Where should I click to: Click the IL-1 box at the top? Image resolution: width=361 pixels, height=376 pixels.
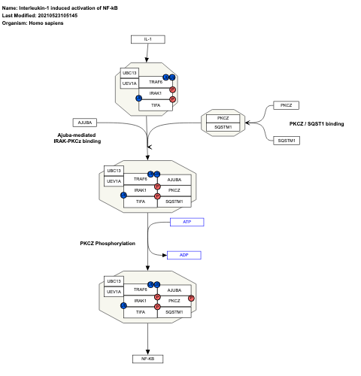tap(147, 39)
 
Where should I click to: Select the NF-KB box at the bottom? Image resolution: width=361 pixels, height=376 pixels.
tap(147, 359)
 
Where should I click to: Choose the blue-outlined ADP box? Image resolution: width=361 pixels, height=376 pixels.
tap(184, 255)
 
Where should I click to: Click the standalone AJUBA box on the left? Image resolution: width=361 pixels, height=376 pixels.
tap(85, 122)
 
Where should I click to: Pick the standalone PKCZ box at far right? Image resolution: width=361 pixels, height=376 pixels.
tap(286, 106)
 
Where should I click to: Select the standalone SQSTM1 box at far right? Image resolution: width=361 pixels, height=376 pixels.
tap(286, 140)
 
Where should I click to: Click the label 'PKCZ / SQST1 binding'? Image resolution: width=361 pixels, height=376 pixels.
tap(317, 123)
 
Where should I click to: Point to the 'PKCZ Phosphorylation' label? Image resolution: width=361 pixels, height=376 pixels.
tap(108, 243)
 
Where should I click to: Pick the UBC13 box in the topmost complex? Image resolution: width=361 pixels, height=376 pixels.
tap(130, 73)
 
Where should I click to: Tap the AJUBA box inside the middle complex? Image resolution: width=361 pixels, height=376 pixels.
tap(174, 180)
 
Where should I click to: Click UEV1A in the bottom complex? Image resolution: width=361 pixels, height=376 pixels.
tap(114, 291)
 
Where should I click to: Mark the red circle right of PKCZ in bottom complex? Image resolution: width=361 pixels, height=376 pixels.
tap(192, 299)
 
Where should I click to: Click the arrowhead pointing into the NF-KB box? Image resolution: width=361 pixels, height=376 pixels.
tap(147, 350)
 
